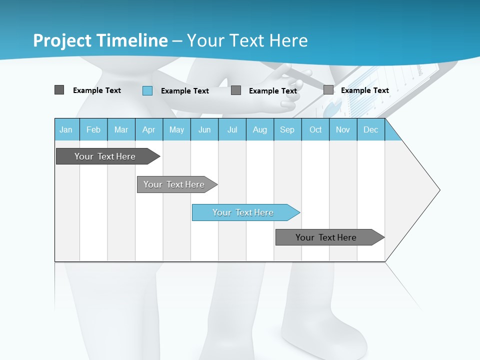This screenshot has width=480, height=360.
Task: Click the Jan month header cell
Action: coord(66,129)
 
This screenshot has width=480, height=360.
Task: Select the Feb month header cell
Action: coord(93,129)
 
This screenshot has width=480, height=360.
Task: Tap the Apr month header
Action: coord(149,129)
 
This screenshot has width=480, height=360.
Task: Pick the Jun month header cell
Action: coord(204,129)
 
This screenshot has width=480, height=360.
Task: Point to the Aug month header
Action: coord(260,129)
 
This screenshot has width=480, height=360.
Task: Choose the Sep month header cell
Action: coord(287,129)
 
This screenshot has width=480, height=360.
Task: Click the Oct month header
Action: coord(315,129)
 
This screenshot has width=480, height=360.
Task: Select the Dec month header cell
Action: coord(371,129)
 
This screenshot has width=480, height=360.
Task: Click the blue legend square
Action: coord(147,90)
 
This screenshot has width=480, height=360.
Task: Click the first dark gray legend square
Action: coord(59,90)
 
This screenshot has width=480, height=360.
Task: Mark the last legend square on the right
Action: coord(328,90)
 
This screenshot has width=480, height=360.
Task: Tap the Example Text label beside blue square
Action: coord(185,91)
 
